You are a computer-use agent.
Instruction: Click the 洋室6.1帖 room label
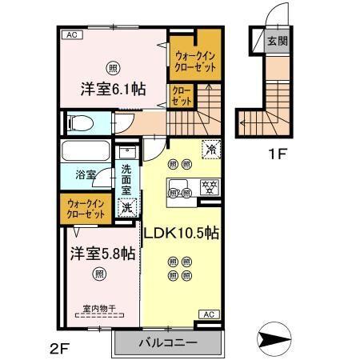[113, 90]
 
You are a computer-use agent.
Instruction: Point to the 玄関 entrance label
[276, 41]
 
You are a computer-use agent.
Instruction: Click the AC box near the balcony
[206, 315]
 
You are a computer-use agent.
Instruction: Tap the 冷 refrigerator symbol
[211, 149]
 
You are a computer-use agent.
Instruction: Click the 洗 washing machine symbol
[126, 207]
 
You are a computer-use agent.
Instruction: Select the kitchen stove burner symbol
[211, 190]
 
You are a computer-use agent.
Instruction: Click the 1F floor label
[278, 152]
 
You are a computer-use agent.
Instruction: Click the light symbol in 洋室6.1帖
[113, 66]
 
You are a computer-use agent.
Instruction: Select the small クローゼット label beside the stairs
[182, 98]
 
